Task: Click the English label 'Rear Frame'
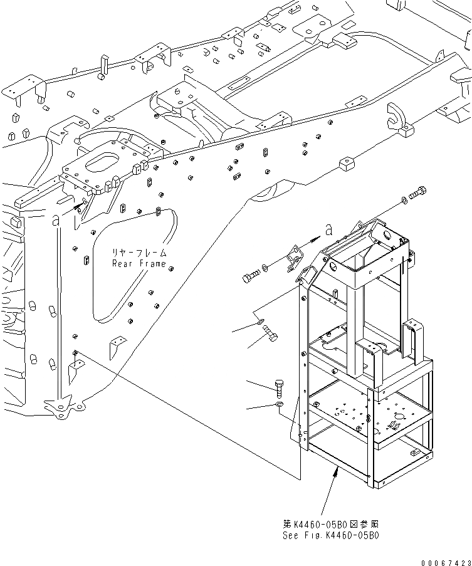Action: pyautogui.click(x=139, y=263)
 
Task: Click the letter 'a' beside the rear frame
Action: pyautogui.click(x=56, y=219)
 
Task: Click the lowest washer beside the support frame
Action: pyautogui.click(x=280, y=406)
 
